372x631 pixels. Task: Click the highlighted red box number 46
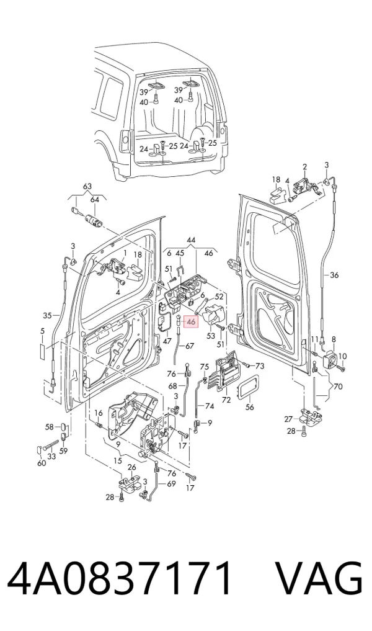point(190,322)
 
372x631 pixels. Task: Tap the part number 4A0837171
point(120,579)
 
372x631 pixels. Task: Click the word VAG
point(319,579)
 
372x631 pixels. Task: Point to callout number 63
point(87,186)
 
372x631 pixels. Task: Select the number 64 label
point(94,200)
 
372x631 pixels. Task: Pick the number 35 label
point(48,315)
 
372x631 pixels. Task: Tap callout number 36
point(334,275)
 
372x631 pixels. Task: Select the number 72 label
point(226,400)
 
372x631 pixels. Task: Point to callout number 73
point(260,366)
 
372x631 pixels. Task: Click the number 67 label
point(190,346)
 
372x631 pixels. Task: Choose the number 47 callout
point(167,341)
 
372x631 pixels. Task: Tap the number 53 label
point(211,335)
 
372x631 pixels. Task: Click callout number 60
point(42,463)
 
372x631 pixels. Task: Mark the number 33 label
point(51,457)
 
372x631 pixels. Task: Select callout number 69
point(171,483)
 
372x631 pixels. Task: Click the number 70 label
point(338,387)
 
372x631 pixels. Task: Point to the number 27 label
point(288,419)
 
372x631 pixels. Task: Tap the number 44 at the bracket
point(191,240)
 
